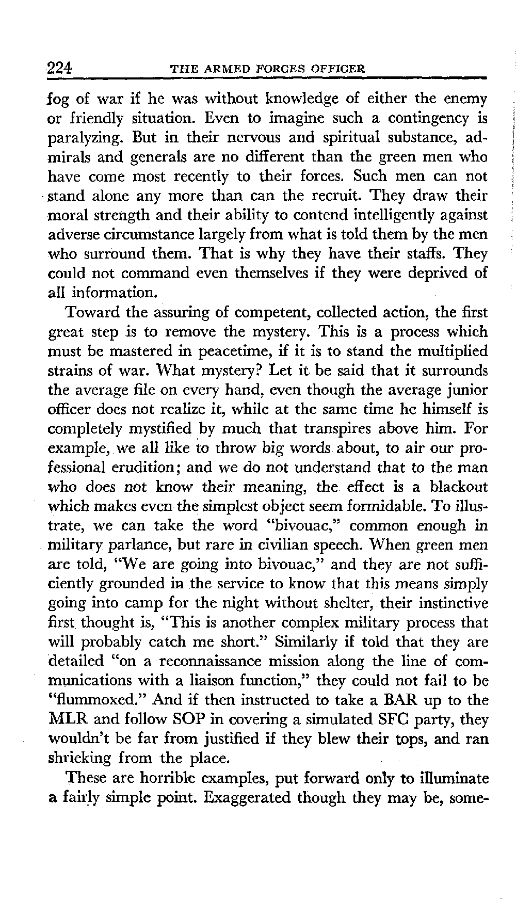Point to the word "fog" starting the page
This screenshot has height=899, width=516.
[x=58, y=99]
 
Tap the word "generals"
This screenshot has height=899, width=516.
[x=155, y=157]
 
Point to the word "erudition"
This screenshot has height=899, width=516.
[x=150, y=468]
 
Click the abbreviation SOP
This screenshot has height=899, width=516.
[x=188, y=719]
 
